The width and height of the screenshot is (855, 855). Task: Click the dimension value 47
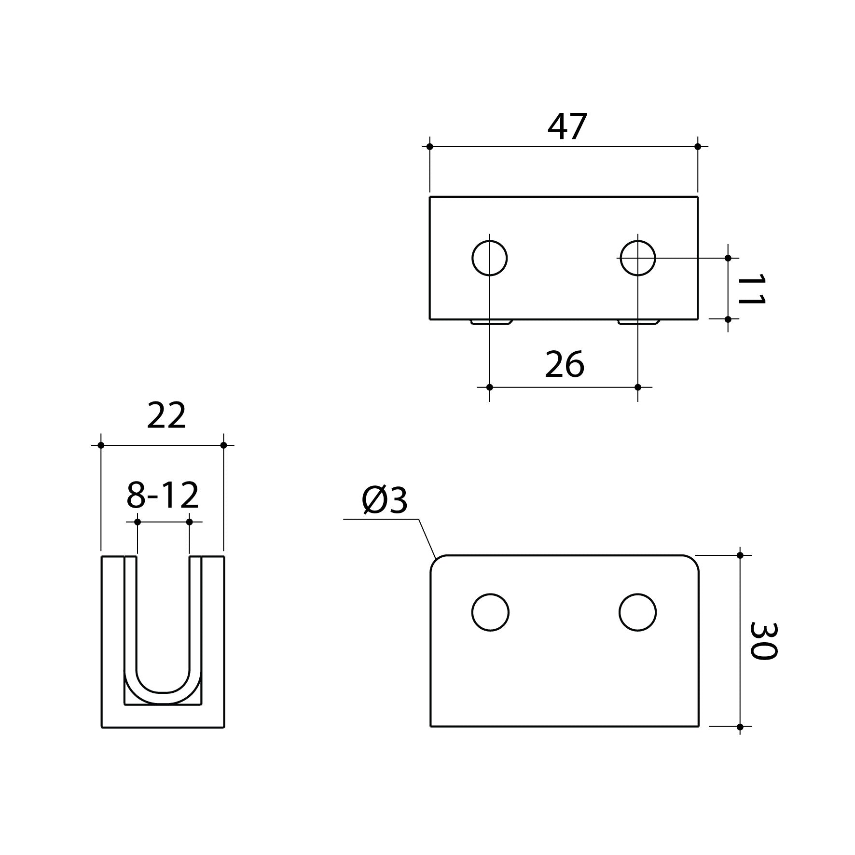coord(567,127)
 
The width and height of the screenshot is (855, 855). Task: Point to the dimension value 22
coord(166,416)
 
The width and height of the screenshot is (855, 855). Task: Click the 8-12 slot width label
coord(163,496)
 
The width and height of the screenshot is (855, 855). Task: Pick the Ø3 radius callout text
coord(385,501)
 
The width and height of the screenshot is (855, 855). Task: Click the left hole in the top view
coord(490,258)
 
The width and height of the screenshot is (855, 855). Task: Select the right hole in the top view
coord(638,258)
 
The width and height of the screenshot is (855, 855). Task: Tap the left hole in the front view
coord(490,612)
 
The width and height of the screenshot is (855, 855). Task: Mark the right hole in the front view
coord(637,612)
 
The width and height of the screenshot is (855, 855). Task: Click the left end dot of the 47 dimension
coord(430,147)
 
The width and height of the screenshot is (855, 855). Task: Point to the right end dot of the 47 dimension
coord(698,147)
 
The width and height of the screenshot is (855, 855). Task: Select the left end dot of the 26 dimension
coord(490,387)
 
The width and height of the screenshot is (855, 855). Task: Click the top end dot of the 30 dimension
coord(740,555)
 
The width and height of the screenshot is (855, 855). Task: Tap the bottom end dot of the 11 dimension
coord(728,319)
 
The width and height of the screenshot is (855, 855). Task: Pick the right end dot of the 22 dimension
coord(223,445)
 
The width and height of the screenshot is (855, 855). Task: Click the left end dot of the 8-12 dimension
coord(138,522)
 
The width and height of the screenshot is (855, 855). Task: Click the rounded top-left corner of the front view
coord(436,561)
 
